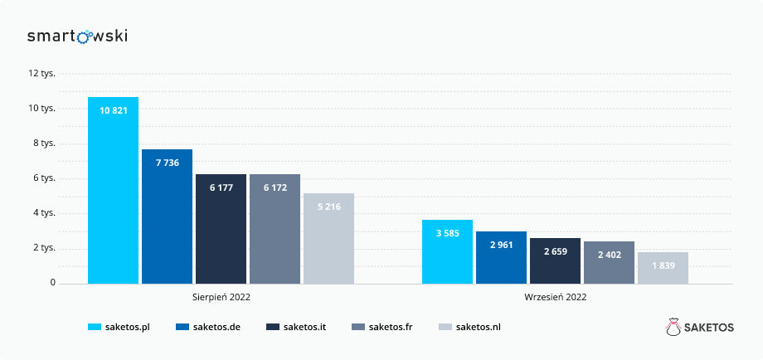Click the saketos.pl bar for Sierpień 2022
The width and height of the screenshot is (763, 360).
113,190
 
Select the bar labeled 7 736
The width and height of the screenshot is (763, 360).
167,216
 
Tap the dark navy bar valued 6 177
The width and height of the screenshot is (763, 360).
221,229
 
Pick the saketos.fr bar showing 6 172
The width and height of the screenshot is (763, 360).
275,229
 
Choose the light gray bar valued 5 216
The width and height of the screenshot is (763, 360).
328,238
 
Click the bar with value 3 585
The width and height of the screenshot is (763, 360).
447,251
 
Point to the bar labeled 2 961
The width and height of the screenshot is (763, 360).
501,257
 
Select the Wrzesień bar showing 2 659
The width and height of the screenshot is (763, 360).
555,260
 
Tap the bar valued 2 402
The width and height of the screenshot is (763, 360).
609,262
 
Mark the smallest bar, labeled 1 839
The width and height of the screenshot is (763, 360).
663,267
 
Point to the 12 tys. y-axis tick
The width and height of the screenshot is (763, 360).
41,73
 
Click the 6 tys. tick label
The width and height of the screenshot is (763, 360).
43,178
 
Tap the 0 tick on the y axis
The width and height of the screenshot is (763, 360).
51,283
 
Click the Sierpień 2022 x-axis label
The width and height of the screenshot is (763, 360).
221,297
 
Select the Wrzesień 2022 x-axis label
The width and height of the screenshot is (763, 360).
555,297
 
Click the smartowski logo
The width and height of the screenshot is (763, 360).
77,36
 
